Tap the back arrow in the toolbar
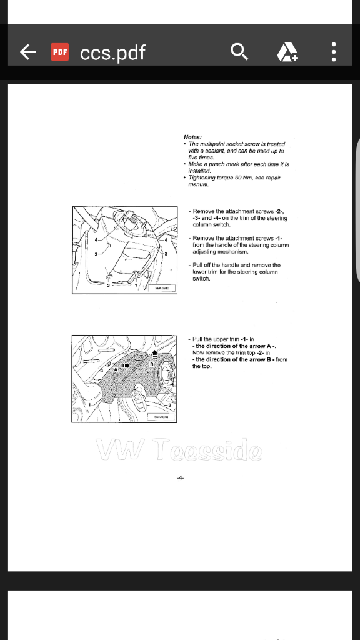pyautogui.click(x=28, y=52)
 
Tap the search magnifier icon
pyautogui.click(x=239, y=52)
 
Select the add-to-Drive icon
pyautogui.click(x=287, y=52)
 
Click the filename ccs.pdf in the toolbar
pyautogui.click(x=112, y=52)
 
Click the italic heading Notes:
pyautogui.click(x=192, y=137)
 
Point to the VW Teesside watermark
pyautogui.click(x=179, y=449)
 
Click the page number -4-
pyautogui.click(x=180, y=478)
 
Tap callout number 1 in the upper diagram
pyautogui.click(x=138, y=286)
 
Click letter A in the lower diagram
pyautogui.click(x=115, y=370)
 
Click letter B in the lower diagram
pyautogui.click(x=151, y=364)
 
